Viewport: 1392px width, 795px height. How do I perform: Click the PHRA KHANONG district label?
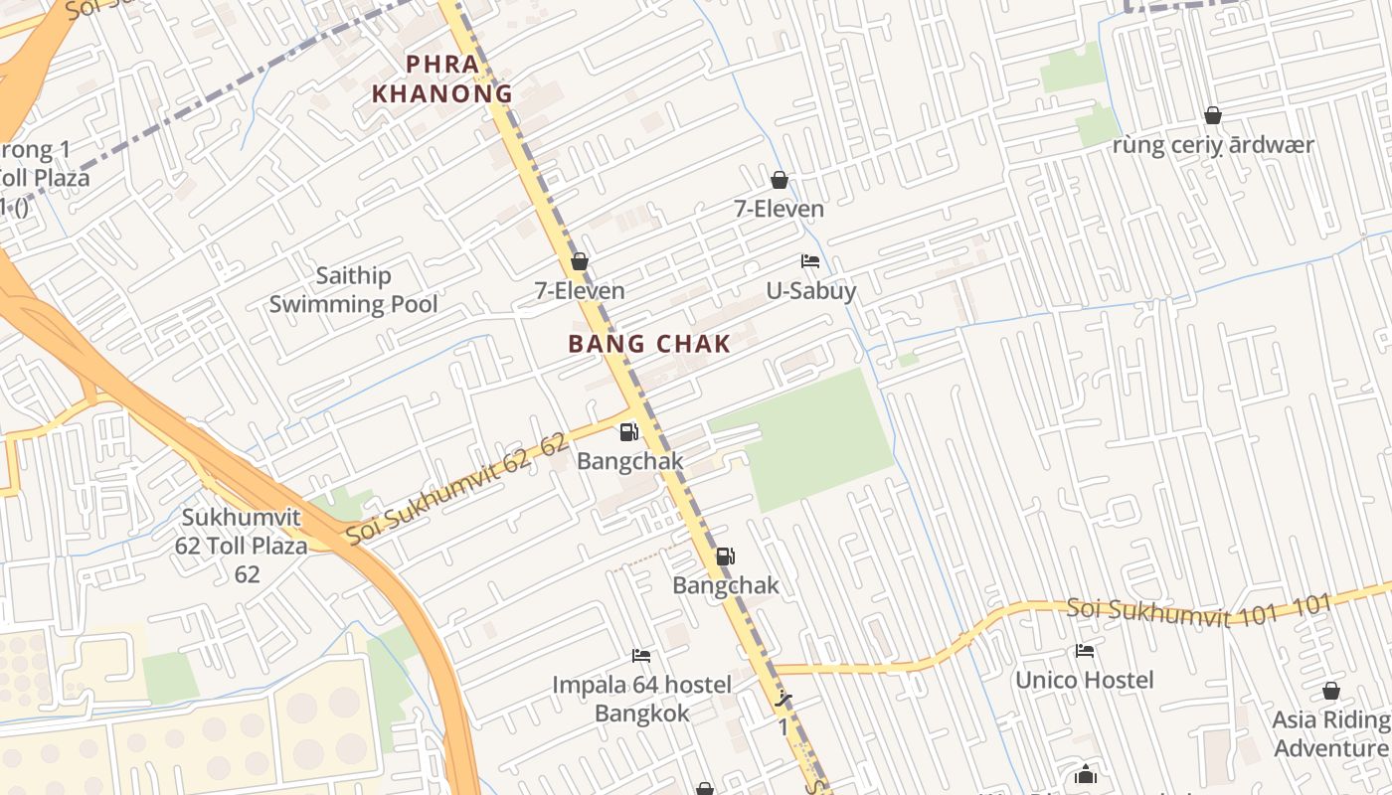(x=441, y=79)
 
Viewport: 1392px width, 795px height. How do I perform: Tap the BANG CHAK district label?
(x=649, y=345)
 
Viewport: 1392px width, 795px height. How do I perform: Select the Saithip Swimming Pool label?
(x=353, y=290)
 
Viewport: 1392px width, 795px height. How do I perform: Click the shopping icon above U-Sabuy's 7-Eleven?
(x=780, y=180)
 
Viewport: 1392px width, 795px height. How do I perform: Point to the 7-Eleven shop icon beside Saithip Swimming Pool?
(x=580, y=261)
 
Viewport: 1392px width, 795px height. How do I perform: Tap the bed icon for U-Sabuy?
(x=810, y=261)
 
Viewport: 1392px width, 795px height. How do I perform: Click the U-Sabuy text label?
(x=810, y=291)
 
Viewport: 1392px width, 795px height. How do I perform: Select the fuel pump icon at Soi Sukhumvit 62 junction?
(x=628, y=432)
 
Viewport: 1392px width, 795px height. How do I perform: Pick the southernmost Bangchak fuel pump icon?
(x=726, y=556)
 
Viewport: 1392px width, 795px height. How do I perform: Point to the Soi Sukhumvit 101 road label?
(x=1198, y=609)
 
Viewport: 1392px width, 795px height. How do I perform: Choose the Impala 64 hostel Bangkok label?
(x=641, y=699)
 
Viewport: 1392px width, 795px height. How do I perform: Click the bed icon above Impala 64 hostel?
(x=641, y=656)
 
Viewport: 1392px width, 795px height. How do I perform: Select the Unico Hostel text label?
(x=1084, y=681)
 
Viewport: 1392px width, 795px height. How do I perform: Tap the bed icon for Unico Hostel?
(x=1084, y=651)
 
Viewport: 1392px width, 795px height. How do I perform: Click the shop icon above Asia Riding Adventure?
(x=1330, y=691)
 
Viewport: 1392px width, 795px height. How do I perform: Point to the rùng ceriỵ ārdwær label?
(x=1213, y=145)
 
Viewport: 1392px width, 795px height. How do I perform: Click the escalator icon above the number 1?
(x=783, y=699)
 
